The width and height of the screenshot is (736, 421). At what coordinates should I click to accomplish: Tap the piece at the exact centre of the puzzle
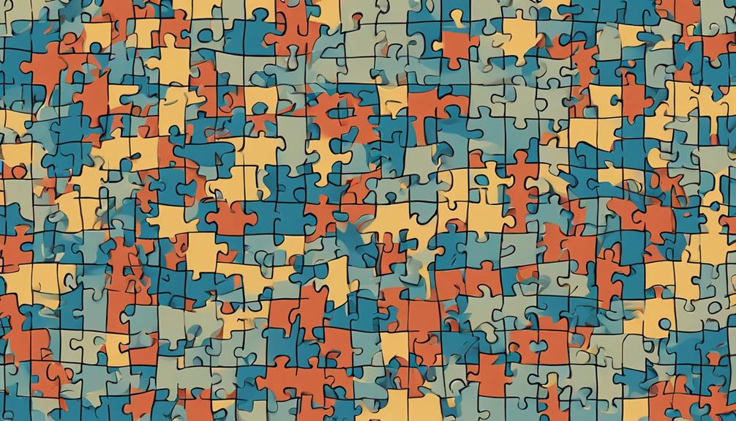click(368, 211)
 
